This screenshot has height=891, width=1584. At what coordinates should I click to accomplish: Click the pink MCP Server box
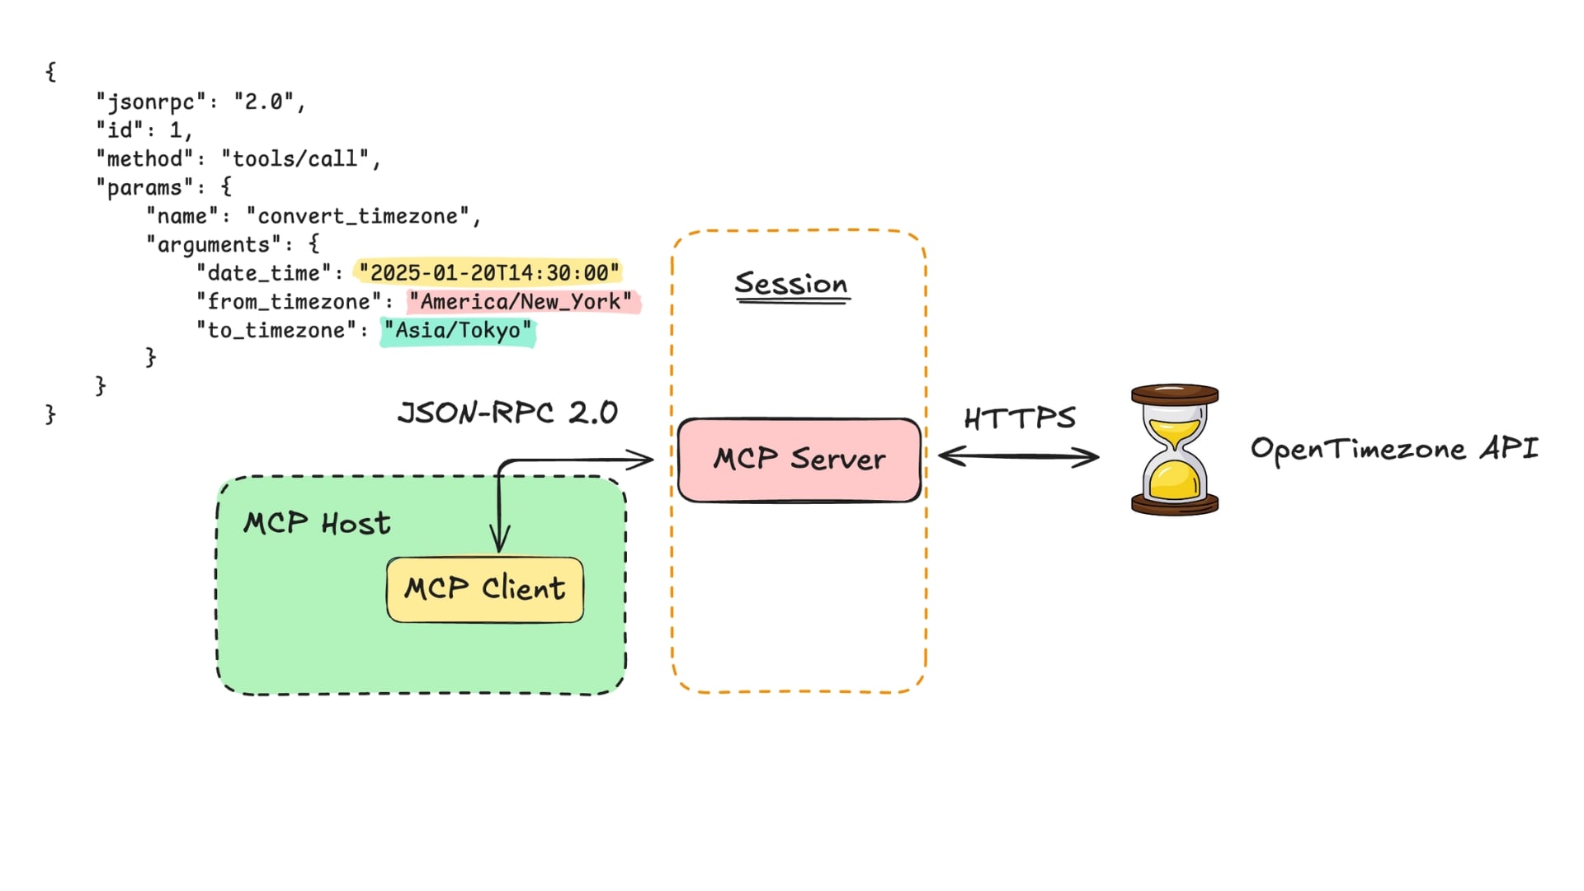coord(799,460)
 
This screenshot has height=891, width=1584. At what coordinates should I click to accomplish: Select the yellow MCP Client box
coord(485,589)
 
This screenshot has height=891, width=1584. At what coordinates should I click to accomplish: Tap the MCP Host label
coord(317,523)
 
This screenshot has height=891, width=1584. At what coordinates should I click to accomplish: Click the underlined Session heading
coord(791,284)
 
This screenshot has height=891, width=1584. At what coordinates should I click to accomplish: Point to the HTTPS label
coord(1020,418)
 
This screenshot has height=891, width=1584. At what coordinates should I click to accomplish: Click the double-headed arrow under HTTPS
coord(1019,456)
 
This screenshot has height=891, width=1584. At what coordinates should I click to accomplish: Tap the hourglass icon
coord(1174,450)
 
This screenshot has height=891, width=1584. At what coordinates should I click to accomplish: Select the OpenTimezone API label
coord(1394,449)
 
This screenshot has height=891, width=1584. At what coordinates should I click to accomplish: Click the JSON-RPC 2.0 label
coord(507,412)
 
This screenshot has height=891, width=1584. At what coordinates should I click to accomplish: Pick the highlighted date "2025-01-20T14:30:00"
coord(488,273)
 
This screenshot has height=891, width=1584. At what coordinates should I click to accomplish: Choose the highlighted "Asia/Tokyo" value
coord(457,331)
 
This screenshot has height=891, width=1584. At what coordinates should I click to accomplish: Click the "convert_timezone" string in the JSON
coord(363,216)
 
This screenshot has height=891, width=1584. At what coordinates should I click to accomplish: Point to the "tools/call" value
coord(295,158)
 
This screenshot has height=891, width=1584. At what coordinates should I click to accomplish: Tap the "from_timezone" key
coord(289,302)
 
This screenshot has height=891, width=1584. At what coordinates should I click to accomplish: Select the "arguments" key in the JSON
coord(214,245)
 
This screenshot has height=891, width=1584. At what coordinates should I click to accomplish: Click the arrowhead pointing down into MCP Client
coord(499,542)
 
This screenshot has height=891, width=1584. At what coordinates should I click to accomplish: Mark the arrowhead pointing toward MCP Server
coord(642,459)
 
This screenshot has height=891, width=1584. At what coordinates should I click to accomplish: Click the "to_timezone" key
coord(276,331)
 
